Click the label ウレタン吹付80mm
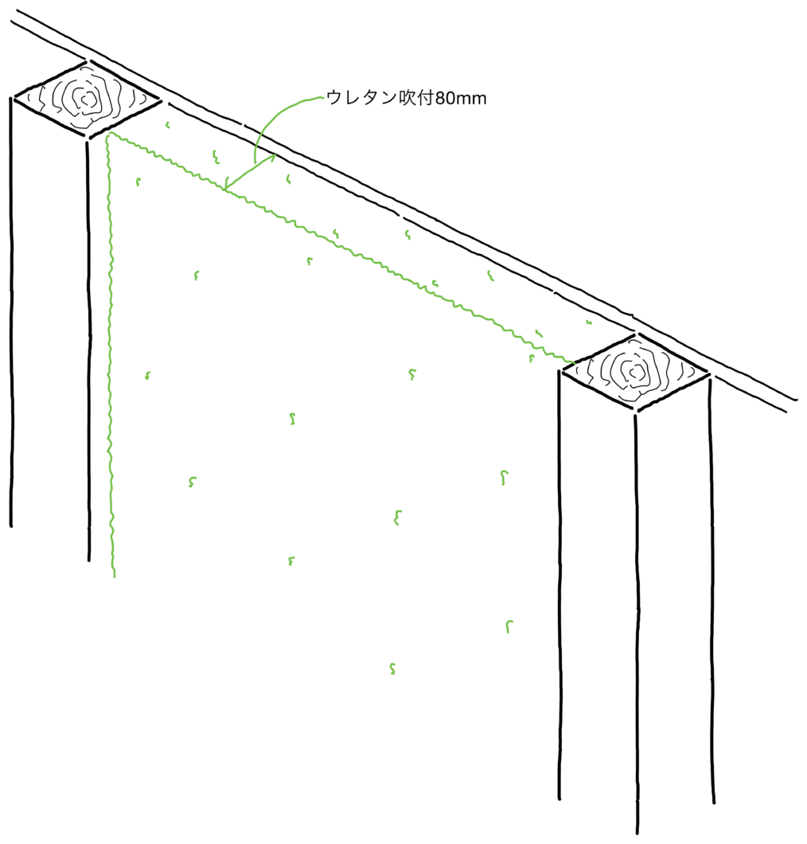[406, 98]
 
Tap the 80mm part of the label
[461, 99]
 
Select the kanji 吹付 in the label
[416, 98]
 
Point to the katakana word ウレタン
[361, 98]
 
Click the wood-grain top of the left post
[87, 99]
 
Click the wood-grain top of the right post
[635, 371]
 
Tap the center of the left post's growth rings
[87, 99]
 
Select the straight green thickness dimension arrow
[250, 172]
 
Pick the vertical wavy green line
[111, 355]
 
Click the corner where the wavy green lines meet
[109, 134]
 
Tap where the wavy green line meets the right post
[574, 365]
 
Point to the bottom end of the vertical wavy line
[114, 577]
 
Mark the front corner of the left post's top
[88, 136]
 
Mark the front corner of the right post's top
[636, 409]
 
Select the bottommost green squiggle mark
[392, 669]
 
